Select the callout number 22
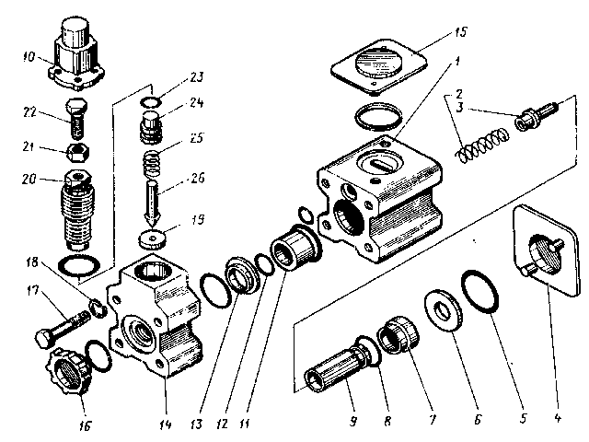coord(29,111)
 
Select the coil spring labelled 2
coord(483,145)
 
